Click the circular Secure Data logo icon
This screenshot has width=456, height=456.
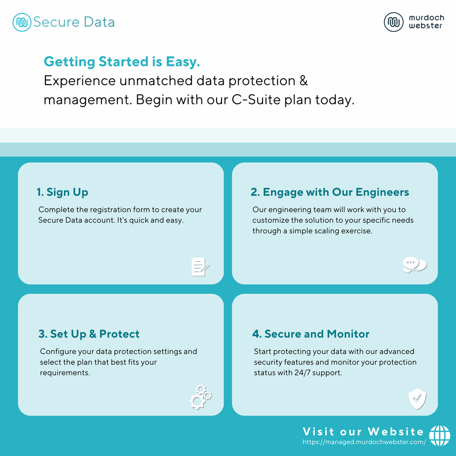click(22, 22)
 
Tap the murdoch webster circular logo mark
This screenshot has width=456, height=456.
click(393, 22)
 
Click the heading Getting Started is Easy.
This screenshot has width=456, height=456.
click(122, 62)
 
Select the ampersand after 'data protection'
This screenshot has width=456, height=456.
click(303, 81)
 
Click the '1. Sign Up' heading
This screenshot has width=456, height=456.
click(62, 192)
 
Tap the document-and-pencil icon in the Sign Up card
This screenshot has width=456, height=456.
click(200, 266)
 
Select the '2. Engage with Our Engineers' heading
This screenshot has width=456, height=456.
click(330, 192)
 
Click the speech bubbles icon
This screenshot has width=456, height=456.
click(415, 265)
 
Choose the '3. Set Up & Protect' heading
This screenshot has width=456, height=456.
click(89, 334)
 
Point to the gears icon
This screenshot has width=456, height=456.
click(200, 397)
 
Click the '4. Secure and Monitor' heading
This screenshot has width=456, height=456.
click(311, 334)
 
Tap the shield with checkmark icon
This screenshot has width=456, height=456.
click(417, 399)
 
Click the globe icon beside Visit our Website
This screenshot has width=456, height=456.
click(440, 435)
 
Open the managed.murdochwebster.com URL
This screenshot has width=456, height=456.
click(364, 442)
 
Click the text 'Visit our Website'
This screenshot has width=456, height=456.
click(363, 432)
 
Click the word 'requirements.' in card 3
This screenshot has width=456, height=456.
click(65, 373)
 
